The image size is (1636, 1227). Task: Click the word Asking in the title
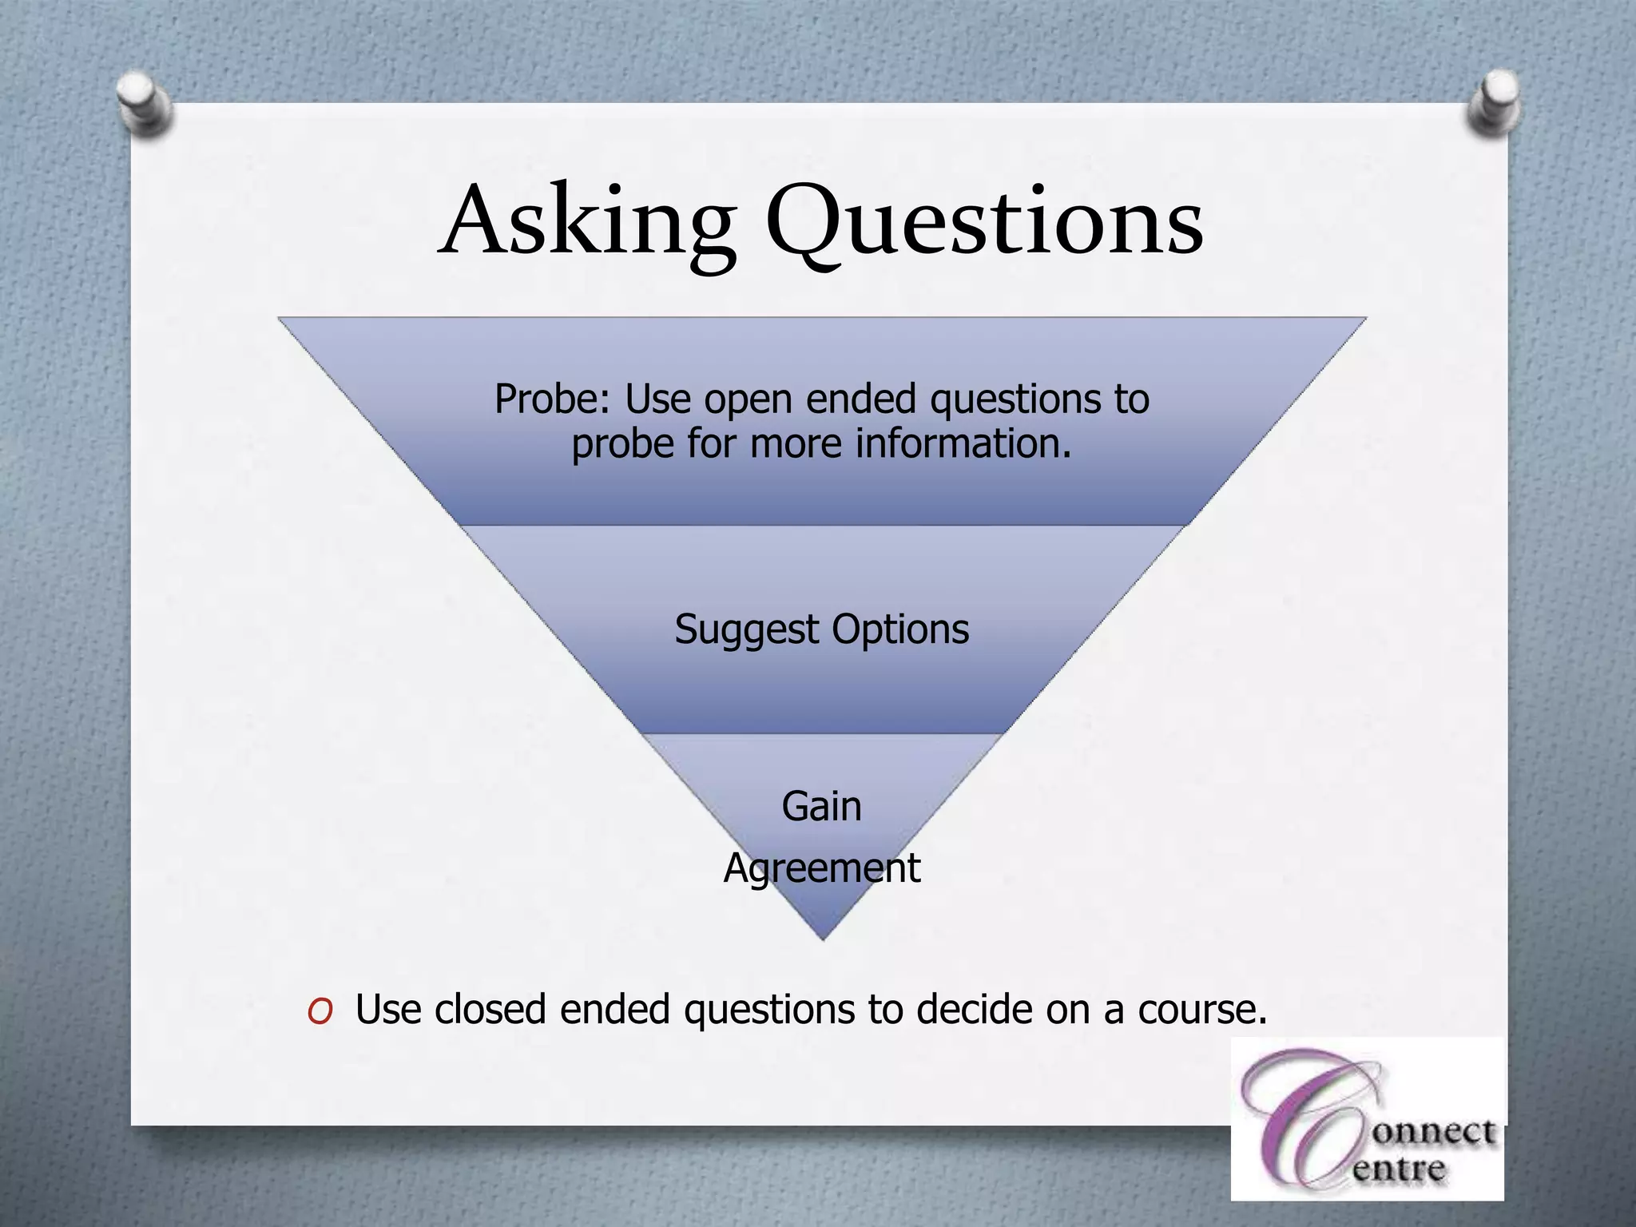coord(587,222)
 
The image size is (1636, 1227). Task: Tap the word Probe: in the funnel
coord(552,399)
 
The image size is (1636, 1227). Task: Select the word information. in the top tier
coord(963,443)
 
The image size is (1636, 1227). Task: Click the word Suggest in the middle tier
coord(747,629)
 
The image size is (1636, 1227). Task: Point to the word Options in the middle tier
coord(900,629)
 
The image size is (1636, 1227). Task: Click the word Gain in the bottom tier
coord(821,806)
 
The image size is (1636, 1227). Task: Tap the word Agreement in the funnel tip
coord(821,868)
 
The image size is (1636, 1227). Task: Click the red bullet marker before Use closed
coord(320,1012)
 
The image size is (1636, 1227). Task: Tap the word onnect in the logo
coord(1434,1133)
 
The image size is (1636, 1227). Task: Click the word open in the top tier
coord(748,400)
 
